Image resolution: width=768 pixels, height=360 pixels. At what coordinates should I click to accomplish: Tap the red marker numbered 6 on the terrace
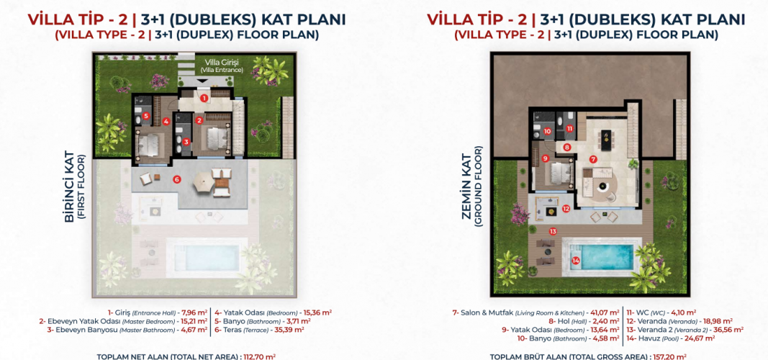tap(176, 179)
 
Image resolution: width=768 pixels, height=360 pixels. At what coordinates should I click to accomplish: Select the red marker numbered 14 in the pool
tap(576, 261)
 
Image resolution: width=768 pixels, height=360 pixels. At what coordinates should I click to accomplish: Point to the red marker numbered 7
tap(593, 159)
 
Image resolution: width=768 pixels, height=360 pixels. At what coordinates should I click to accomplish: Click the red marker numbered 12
tap(566, 209)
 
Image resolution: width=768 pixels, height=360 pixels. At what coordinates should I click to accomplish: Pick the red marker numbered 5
tap(146, 116)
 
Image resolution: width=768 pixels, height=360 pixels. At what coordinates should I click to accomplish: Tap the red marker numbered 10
tap(547, 131)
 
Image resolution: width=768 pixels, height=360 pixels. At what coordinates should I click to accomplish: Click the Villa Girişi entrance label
tap(225, 66)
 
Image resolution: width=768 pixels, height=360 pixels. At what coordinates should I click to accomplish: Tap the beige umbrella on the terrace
tap(202, 182)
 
